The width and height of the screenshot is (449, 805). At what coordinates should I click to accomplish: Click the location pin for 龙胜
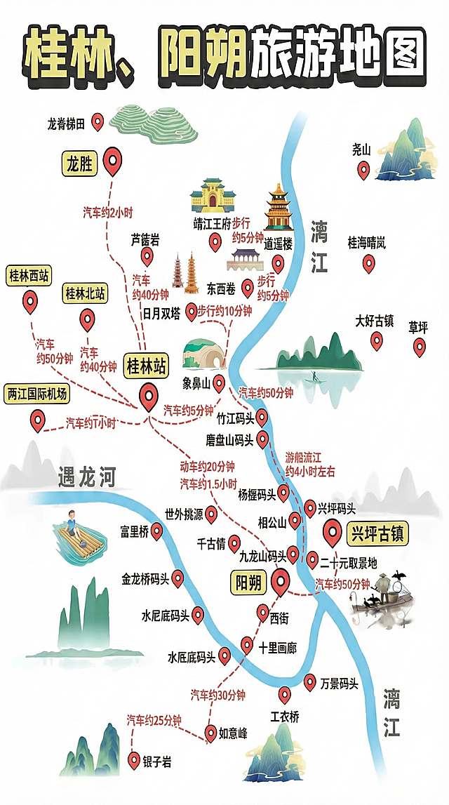(x=112, y=161)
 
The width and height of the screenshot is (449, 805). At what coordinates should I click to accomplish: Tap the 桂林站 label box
(x=146, y=366)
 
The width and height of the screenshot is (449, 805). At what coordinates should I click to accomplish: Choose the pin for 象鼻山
(x=219, y=382)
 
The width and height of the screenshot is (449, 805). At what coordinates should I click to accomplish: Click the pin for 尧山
(x=363, y=169)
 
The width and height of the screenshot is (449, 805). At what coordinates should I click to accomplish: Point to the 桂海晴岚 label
(x=367, y=243)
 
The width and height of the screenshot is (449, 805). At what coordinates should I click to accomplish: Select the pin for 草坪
(x=420, y=346)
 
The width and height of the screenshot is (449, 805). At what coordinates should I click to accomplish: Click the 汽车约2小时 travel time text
(x=108, y=211)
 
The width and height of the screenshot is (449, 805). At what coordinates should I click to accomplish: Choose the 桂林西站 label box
(x=29, y=276)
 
